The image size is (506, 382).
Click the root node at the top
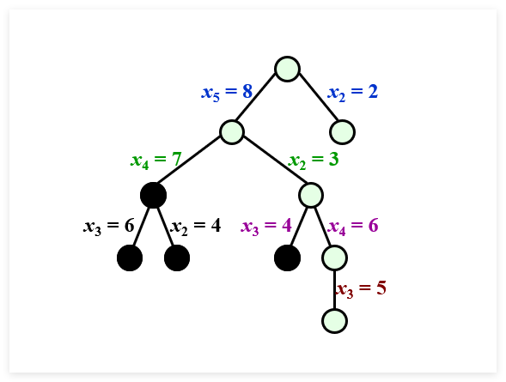click(287, 69)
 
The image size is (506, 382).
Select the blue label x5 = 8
click(227, 92)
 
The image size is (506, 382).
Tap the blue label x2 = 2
click(353, 92)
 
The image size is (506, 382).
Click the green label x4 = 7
click(156, 160)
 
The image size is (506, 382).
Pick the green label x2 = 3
click(314, 160)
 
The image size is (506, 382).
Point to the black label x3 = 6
click(109, 227)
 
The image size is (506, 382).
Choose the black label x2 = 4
click(196, 227)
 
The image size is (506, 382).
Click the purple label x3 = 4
click(266, 227)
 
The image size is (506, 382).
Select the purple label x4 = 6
click(353, 227)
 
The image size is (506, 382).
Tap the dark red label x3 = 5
click(361, 288)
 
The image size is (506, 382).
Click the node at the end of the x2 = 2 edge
click(343, 132)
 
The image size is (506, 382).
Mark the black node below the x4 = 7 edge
click(153, 196)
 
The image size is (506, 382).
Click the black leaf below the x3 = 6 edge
click(130, 258)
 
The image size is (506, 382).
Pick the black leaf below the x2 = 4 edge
click(177, 258)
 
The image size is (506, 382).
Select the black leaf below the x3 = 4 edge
click(287, 258)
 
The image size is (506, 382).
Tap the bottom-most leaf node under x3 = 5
click(335, 321)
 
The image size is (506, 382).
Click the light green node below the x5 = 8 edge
click(232, 132)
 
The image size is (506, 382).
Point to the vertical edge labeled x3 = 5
click(335, 289)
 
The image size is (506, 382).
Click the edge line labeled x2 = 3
click(275, 160)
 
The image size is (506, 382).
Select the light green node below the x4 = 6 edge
click(335, 258)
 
